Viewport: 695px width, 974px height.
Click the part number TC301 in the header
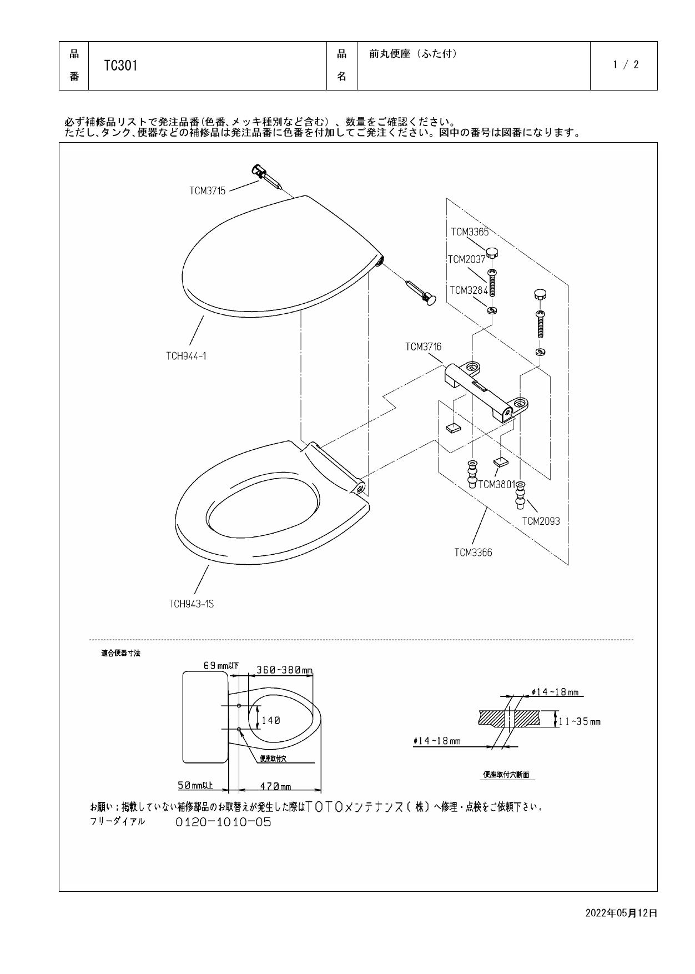(x=121, y=66)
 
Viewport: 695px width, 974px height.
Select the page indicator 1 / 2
(x=626, y=64)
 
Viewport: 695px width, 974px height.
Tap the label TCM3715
(x=207, y=191)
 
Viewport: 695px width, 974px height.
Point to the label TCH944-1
(x=186, y=356)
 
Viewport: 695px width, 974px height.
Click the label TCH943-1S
(x=191, y=604)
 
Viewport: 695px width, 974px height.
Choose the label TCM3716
(x=423, y=347)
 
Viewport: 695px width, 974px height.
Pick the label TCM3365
(x=470, y=233)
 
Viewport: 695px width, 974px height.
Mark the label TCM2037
(x=466, y=259)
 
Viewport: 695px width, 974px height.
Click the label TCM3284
(x=468, y=290)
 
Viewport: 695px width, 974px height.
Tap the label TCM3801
(x=497, y=484)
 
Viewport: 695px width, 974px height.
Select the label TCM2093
(x=541, y=521)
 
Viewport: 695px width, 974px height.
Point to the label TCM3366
(x=473, y=553)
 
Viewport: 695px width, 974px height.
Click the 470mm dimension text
(x=275, y=786)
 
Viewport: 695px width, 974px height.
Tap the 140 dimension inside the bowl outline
(x=271, y=720)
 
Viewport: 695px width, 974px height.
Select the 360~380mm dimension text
(x=284, y=670)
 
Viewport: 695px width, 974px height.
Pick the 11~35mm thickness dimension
(x=580, y=722)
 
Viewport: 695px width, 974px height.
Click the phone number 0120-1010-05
(x=223, y=822)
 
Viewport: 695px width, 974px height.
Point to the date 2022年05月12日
(x=621, y=913)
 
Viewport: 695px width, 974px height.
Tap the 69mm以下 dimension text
(x=221, y=666)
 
